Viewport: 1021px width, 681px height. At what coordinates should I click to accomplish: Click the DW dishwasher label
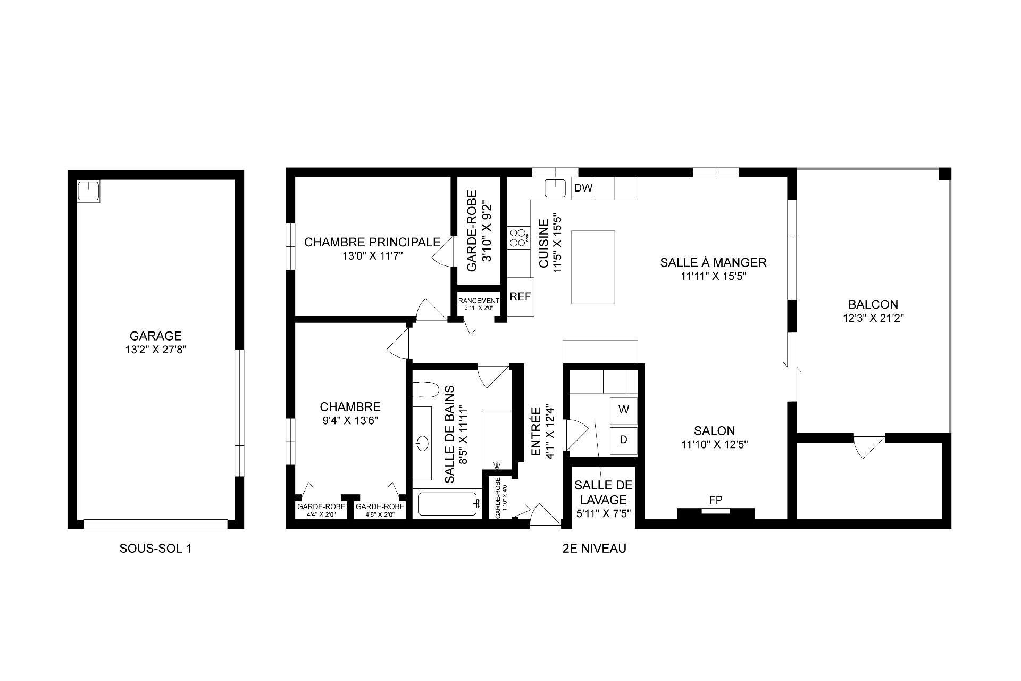[x=583, y=187]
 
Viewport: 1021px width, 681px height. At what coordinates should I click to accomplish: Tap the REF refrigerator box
[x=520, y=297]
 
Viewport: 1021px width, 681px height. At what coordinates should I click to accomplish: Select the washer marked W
[x=624, y=410]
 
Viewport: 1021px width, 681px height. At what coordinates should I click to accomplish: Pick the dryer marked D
[x=624, y=440]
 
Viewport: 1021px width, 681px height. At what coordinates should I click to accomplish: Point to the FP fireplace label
[x=715, y=500]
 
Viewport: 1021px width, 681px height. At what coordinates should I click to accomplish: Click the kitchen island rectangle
[x=593, y=267]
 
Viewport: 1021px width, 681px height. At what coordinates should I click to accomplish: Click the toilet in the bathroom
[x=425, y=390]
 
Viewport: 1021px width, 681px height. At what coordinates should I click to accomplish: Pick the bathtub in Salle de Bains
[x=448, y=504]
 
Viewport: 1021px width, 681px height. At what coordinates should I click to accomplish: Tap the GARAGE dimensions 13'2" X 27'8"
[x=155, y=350]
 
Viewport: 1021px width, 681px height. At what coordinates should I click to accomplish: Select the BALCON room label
[x=873, y=304]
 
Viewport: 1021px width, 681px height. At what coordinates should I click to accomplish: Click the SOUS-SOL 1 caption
[x=155, y=549]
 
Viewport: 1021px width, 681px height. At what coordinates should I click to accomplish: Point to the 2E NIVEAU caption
[x=594, y=549]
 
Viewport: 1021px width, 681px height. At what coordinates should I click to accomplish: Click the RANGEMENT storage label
[x=479, y=301]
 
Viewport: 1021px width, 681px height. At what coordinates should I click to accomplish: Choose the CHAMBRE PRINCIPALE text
[x=372, y=242]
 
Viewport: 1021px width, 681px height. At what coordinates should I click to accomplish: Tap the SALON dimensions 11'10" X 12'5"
[x=714, y=445]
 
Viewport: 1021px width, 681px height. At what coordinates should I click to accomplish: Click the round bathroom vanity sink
[x=423, y=442]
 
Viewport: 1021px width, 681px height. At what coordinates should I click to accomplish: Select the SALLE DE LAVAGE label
[x=603, y=492]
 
